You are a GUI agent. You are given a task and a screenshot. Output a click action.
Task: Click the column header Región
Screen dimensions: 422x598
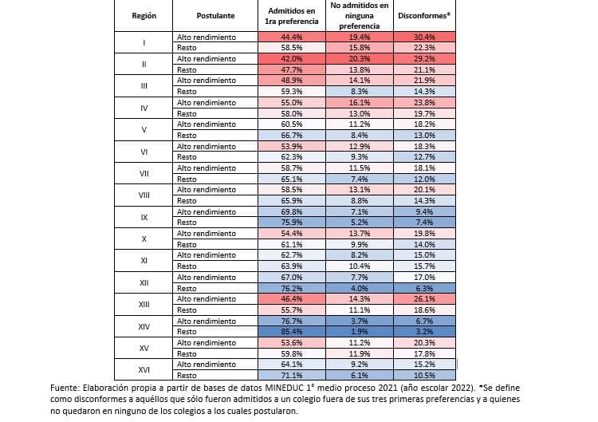click(144, 15)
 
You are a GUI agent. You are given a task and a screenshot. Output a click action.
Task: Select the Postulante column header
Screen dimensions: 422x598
click(215, 15)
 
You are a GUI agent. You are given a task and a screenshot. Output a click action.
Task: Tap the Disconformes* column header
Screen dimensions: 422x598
click(424, 15)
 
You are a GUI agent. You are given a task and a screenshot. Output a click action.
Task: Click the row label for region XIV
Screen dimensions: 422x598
click(144, 325)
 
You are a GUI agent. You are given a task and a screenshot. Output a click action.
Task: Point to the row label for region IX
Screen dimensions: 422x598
click(144, 216)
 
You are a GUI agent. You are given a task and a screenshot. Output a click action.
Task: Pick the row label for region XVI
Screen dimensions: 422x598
click(144, 369)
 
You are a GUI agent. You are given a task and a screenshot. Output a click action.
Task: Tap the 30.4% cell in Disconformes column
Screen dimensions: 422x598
click(424, 37)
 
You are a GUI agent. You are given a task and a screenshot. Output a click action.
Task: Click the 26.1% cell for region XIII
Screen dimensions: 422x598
click(424, 298)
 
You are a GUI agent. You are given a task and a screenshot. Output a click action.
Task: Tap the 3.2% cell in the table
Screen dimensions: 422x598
click(424, 331)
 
